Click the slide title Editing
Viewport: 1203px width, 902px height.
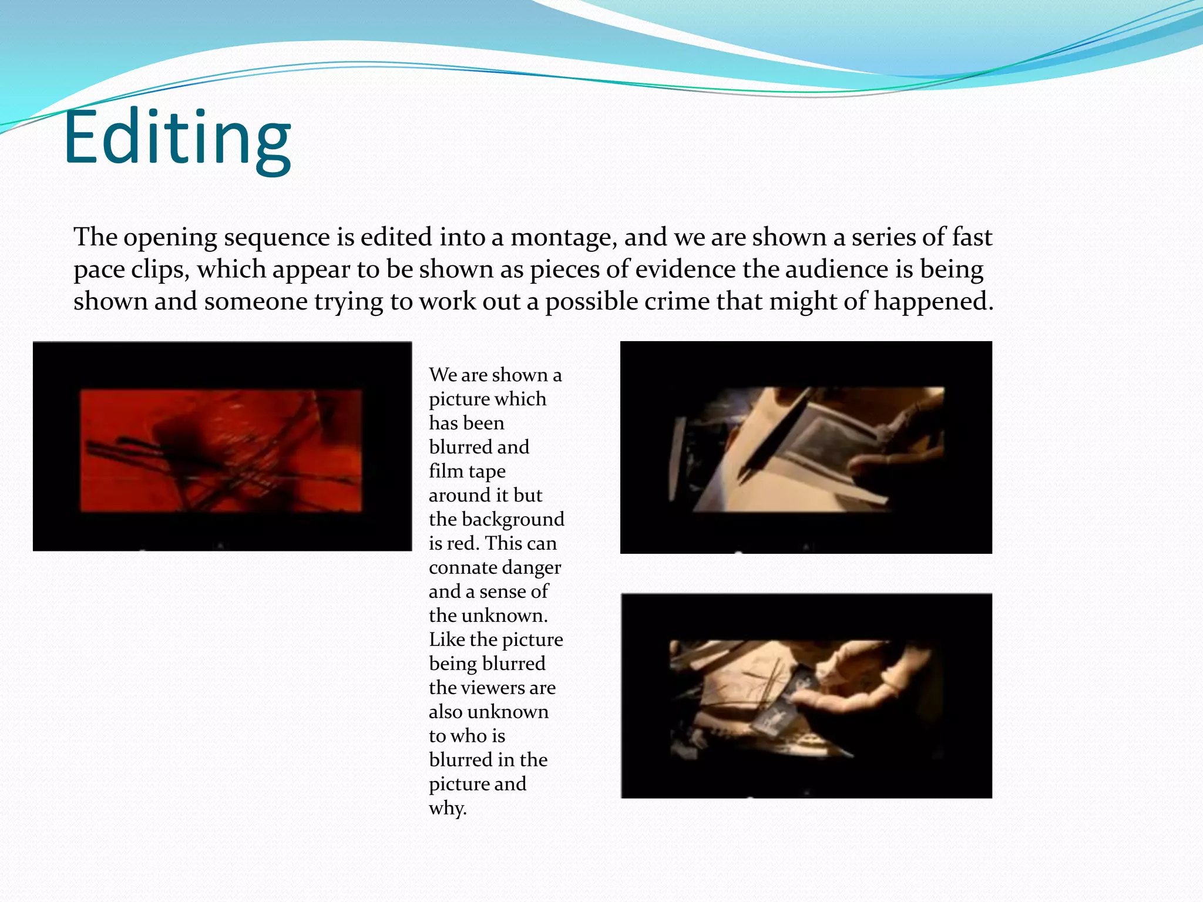coord(177,139)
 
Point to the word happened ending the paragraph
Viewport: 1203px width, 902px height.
coord(933,302)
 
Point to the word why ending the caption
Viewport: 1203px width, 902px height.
coord(447,809)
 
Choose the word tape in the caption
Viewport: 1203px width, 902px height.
coord(487,472)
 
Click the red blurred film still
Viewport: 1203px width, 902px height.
coord(221,449)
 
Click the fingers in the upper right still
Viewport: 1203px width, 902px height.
coord(899,446)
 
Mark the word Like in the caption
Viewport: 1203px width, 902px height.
coord(447,640)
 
